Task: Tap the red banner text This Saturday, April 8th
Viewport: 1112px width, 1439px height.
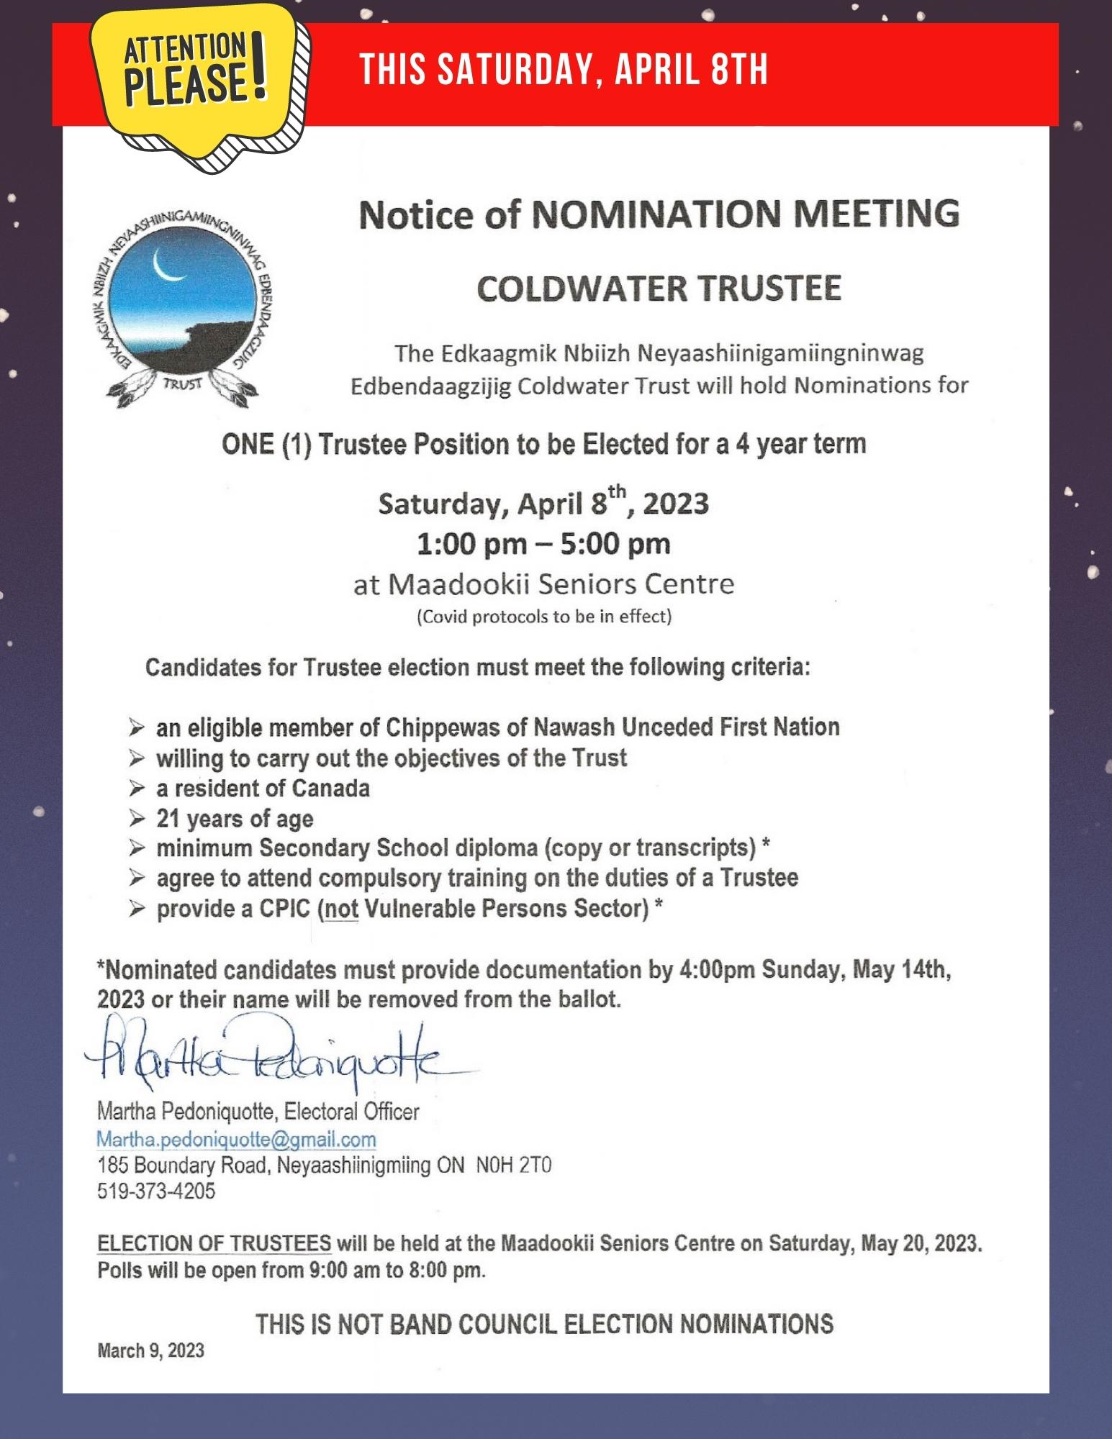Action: [564, 70]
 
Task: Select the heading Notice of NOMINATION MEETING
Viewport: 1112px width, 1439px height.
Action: [659, 213]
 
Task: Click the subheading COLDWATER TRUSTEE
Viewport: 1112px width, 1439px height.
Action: [659, 288]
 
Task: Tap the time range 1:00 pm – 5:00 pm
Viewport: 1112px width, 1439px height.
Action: [543, 543]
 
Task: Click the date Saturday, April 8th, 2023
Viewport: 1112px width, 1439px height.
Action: [543, 503]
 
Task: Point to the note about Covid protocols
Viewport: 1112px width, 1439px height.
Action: [543, 617]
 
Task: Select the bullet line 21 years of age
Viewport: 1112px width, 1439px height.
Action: [235, 818]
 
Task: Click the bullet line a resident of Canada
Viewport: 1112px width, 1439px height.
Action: [263, 788]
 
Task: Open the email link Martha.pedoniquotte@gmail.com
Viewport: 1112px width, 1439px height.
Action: [237, 1139]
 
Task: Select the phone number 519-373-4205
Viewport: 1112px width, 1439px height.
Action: [156, 1191]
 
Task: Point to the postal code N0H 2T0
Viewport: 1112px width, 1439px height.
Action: [513, 1165]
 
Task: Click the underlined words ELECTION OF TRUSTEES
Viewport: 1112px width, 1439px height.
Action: [214, 1243]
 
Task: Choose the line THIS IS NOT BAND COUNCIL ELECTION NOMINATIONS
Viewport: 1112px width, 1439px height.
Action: [544, 1323]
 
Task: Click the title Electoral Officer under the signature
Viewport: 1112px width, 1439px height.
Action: [351, 1112]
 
